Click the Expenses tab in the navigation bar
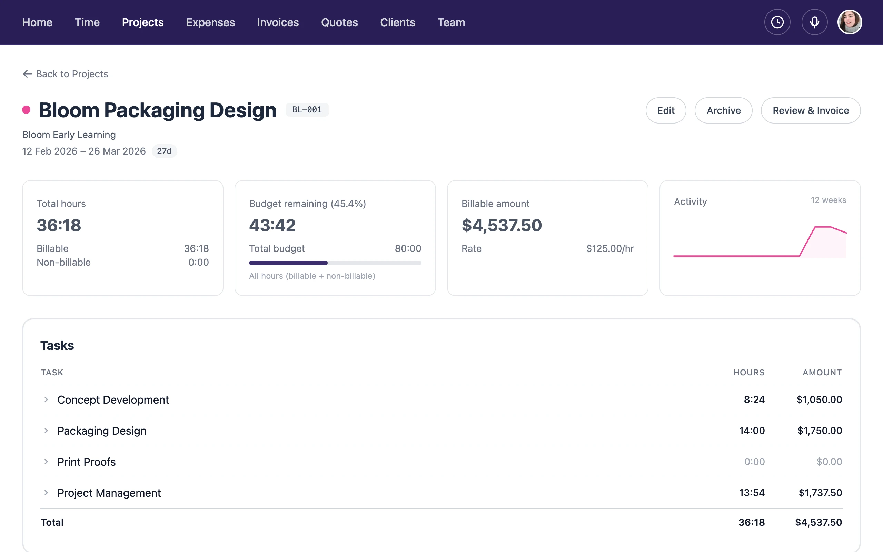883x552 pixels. (210, 22)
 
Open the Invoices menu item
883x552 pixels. (278, 22)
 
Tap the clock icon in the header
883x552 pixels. (777, 22)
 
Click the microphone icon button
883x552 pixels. (814, 22)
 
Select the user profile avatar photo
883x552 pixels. (850, 22)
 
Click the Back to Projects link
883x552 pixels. (66, 74)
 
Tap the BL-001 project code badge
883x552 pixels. (307, 109)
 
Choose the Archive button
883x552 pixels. (723, 110)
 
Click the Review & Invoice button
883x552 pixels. (810, 110)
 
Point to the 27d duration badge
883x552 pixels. (164, 151)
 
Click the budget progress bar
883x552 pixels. (335, 263)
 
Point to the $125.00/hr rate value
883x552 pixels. (610, 249)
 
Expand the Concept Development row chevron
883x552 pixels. (46, 400)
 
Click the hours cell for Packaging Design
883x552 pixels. (752, 431)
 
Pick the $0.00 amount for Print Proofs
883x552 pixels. (829, 462)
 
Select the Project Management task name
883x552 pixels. (109, 493)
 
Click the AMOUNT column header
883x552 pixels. (822, 372)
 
